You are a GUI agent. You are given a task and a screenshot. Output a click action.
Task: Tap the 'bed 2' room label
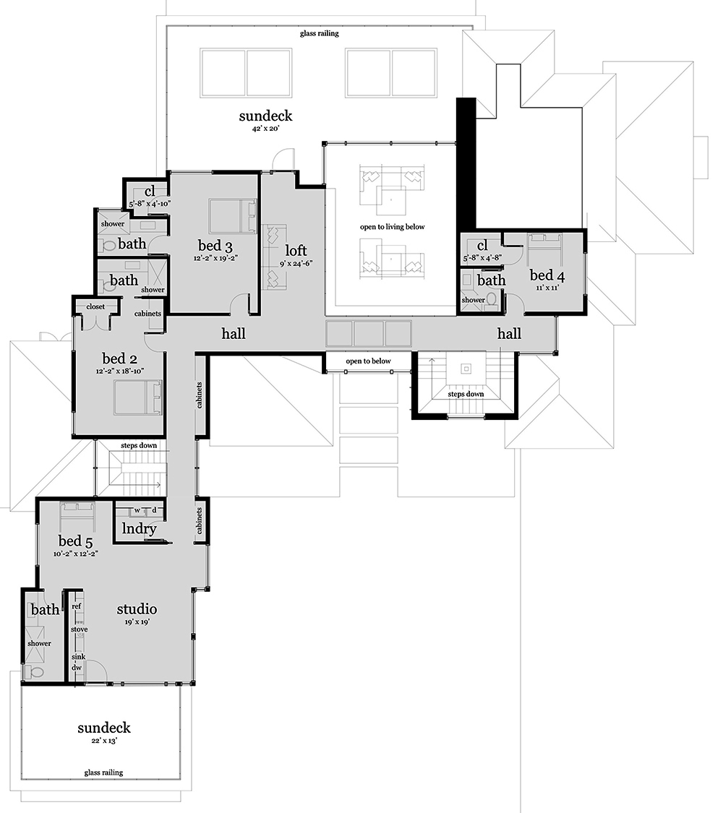[119, 358]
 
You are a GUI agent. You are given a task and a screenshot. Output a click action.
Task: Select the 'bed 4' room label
[547, 275]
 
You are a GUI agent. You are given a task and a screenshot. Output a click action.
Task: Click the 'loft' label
[296, 250]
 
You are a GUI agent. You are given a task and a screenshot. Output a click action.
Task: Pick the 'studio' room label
[137, 608]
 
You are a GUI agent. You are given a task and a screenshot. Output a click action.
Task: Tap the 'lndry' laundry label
[140, 528]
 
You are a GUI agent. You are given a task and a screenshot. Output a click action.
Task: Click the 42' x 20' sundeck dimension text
[266, 128]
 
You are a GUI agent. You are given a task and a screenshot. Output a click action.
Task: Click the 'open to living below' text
[392, 227]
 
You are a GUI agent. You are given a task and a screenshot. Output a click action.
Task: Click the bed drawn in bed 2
[134, 397]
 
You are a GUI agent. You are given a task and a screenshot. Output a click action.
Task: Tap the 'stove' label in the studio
[79, 629]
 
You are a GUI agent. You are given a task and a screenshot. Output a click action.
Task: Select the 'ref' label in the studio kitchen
[76, 606]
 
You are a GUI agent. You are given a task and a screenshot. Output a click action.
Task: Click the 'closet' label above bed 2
[95, 306]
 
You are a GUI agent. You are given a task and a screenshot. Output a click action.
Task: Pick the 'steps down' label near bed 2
[139, 445]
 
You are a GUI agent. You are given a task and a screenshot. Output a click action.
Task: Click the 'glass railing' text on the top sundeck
[319, 33]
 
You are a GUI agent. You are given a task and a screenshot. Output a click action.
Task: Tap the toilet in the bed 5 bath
[35, 672]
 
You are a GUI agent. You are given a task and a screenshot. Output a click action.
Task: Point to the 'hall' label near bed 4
[509, 333]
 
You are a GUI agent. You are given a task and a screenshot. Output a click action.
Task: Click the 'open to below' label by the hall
[368, 361]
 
